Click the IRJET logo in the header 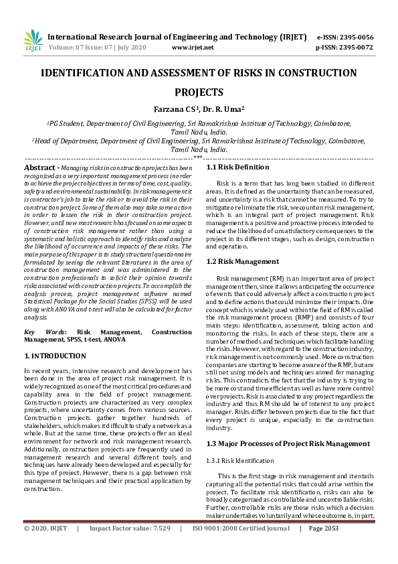coord(33,42)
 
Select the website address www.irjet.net coord(193,48)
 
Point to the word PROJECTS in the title coord(199,92)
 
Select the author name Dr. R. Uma coord(225,109)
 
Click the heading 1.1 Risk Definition coord(237,167)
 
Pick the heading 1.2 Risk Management coord(242,261)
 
